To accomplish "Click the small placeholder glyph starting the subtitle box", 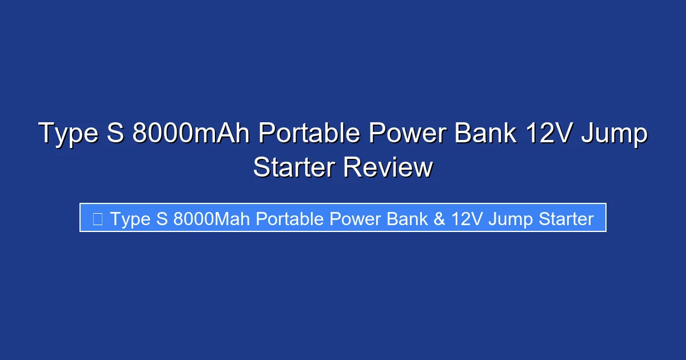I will click(97, 218).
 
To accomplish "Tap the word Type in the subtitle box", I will click(130, 219).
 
